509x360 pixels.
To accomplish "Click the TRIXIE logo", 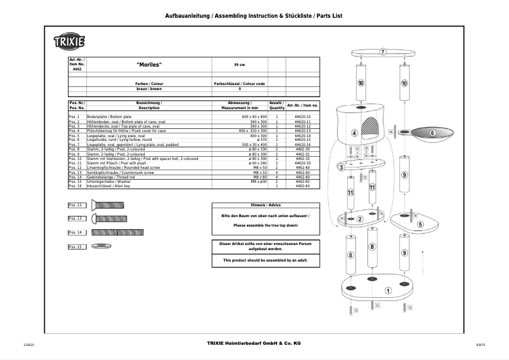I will [x=69, y=43].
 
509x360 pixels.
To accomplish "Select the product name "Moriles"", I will [x=149, y=65].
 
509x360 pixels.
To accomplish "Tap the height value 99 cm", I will [x=239, y=65].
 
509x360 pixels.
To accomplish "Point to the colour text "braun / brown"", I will [x=149, y=89].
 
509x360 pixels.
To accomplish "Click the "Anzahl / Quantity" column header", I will [x=277, y=105].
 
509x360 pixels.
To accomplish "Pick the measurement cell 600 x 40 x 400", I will [x=254, y=117].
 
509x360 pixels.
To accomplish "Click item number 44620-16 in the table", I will [x=303, y=145].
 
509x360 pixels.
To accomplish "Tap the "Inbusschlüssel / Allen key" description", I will [x=108, y=186].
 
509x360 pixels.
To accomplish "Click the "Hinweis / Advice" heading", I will [x=266, y=205].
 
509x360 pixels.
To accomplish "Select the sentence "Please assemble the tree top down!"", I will [x=266, y=225].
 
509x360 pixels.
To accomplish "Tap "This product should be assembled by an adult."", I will [x=266, y=260].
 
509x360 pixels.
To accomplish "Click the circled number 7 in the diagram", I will [x=383, y=51].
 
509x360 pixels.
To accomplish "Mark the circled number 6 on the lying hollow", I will [x=432, y=133].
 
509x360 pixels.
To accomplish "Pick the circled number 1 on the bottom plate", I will [x=387, y=291].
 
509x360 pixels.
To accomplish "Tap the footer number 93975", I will [x=480, y=344].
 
